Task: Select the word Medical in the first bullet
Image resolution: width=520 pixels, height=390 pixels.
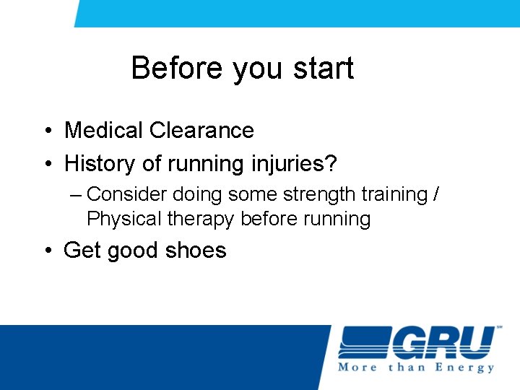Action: (104, 131)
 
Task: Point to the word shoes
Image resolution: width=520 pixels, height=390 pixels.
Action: (195, 251)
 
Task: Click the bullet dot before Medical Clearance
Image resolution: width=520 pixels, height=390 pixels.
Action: (46, 131)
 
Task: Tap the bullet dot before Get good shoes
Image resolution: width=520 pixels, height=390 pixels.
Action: (46, 251)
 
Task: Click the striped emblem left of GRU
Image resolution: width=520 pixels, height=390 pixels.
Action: (363, 342)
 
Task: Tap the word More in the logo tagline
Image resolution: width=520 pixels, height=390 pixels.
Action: (357, 368)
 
